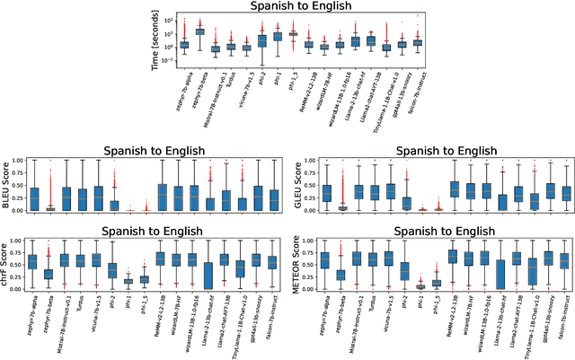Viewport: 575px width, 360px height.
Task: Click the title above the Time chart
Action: click(288, 7)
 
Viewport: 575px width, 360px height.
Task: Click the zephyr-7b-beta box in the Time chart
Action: click(199, 31)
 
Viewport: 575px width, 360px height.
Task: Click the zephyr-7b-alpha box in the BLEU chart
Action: click(34, 198)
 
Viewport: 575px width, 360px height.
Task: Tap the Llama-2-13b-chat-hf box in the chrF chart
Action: click(208, 275)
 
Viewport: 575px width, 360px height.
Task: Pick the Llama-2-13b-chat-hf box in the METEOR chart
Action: click(500, 275)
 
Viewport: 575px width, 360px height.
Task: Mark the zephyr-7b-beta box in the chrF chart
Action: click(49, 274)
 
